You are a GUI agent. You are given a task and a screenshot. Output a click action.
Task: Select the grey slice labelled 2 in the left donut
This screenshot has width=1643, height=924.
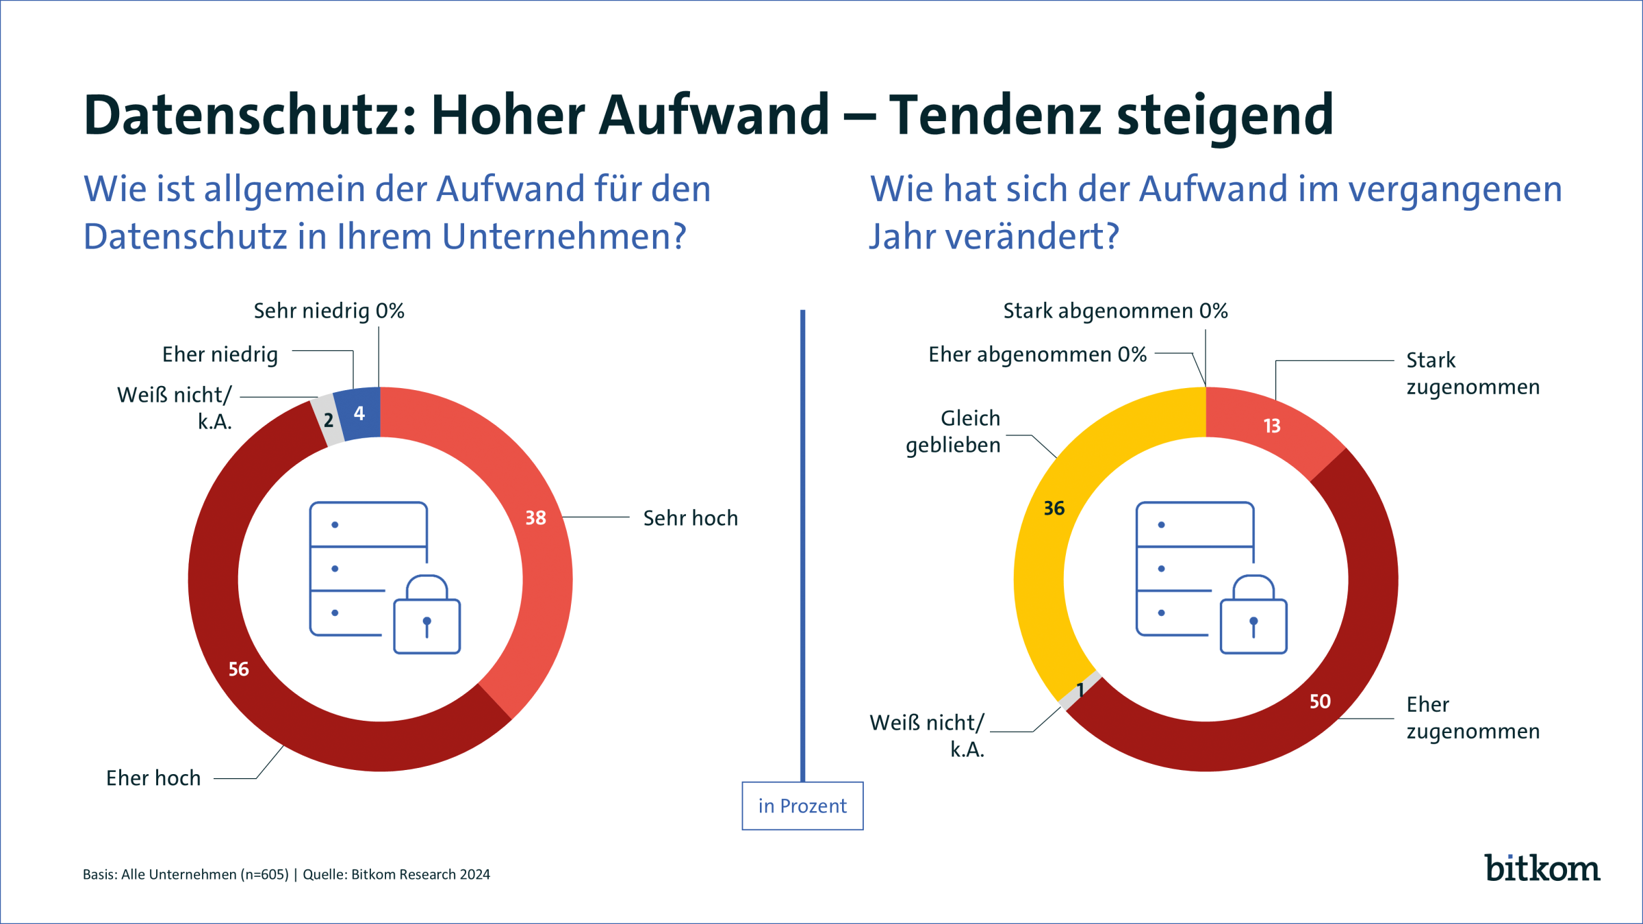pyautogui.click(x=329, y=420)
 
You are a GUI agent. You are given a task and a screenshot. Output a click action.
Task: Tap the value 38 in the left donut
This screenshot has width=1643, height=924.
pyautogui.click(x=535, y=517)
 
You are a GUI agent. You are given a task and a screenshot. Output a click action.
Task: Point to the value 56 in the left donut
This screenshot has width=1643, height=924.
pyautogui.click(x=238, y=669)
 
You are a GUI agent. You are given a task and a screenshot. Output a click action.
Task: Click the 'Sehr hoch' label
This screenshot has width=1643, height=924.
pyautogui.click(x=690, y=518)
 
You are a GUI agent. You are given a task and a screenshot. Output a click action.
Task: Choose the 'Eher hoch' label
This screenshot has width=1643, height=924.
pyautogui.click(x=153, y=778)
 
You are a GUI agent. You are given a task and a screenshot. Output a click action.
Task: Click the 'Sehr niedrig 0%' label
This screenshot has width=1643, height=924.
pyautogui.click(x=329, y=311)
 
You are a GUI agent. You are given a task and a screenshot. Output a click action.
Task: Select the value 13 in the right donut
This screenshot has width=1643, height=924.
pyautogui.click(x=1271, y=426)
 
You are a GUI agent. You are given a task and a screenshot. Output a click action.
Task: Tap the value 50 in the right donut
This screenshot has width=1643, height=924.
pyautogui.click(x=1319, y=702)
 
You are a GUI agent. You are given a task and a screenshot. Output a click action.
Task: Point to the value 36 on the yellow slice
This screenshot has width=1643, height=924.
pyautogui.click(x=1054, y=508)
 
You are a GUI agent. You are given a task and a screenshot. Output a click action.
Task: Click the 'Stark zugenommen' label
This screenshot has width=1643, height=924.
pyautogui.click(x=1472, y=374)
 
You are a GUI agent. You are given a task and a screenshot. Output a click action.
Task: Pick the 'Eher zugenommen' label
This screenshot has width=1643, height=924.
pyautogui.click(x=1472, y=718)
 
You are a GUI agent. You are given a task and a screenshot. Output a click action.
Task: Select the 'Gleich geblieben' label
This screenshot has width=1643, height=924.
pyautogui.click(x=953, y=431)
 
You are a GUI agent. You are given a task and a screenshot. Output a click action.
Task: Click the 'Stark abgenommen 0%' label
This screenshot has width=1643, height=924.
pyautogui.click(x=1115, y=311)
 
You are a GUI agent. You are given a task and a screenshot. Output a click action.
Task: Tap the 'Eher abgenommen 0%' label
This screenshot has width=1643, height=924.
pyautogui.click(x=1036, y=355)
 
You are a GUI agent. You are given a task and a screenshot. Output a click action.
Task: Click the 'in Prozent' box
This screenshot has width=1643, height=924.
pyautogui.click(x=802, y=806)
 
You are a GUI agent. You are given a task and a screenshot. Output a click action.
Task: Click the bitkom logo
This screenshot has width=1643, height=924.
pyautogui.click(x=1542, y=868)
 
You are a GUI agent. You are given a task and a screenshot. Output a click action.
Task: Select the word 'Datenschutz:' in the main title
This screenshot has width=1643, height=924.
pyautogui.click(x=250, y=115)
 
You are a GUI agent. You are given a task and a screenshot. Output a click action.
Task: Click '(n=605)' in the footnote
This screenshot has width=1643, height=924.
pyautogui.click(x=264, y=875)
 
